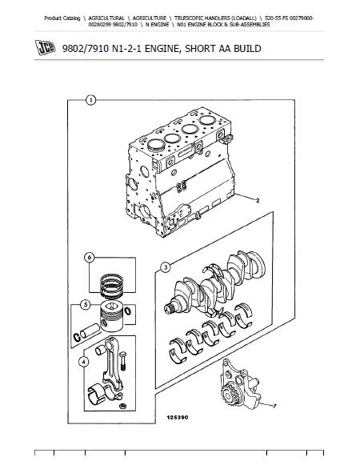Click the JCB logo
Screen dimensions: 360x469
coord(45,47)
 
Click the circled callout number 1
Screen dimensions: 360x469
coord(90,100)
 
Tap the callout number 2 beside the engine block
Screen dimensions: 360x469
coord(258,201)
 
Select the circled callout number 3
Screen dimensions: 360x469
coord(166,267)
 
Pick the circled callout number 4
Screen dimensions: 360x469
coord(83,363)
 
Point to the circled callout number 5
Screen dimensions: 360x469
coord(86,305)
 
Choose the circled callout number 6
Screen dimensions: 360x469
coord(90,257)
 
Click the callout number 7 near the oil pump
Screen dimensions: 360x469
coord(274,406)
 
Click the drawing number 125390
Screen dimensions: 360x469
coord(178,417)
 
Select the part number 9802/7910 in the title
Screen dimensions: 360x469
coord(86,49)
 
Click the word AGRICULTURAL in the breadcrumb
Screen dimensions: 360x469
coord(106,18)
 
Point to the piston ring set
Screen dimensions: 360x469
coord(111,286)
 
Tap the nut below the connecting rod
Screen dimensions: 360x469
coord(122,407)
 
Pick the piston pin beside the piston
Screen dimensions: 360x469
coord(89,331)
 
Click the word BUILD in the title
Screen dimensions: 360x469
coord(247,49)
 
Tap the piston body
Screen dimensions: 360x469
coord(111,316)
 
